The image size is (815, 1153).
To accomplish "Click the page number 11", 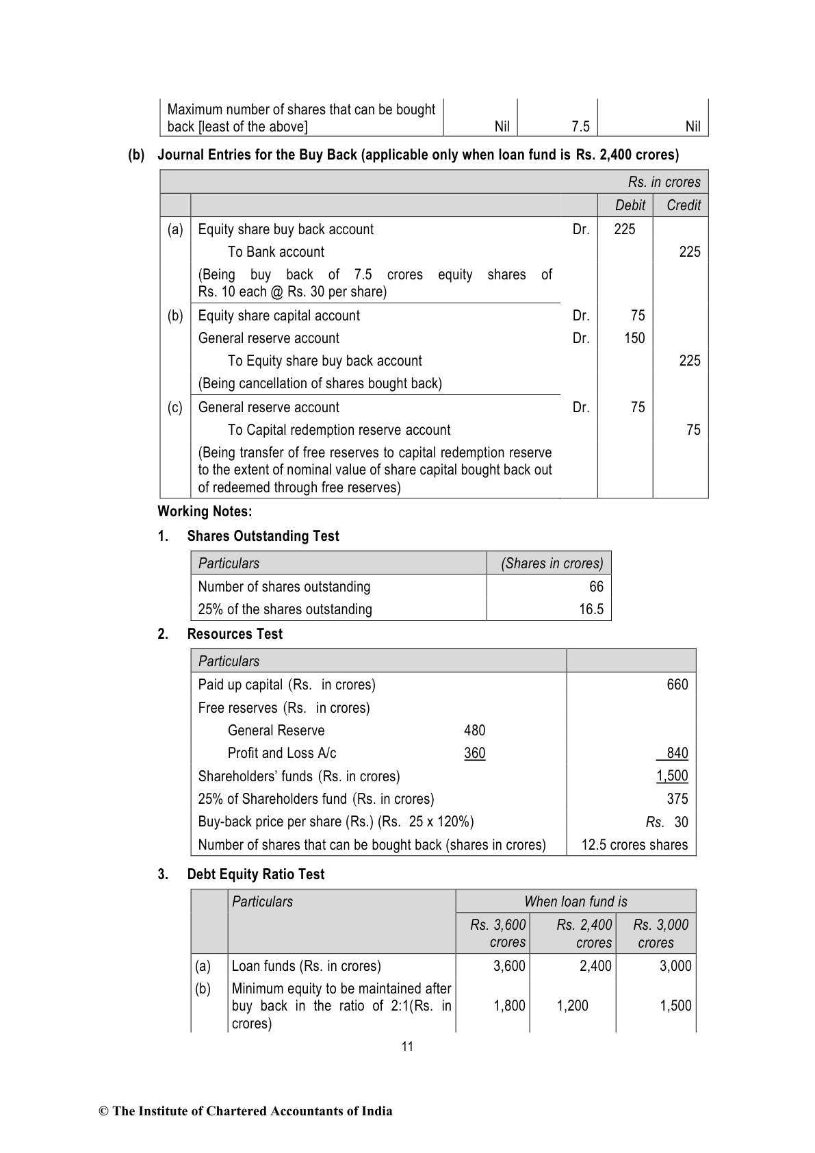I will pos(407,1046).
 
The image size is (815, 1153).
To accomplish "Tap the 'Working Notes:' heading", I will pos(205,511).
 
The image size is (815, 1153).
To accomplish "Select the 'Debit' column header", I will pos(630,205).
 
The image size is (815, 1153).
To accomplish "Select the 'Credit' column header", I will pos(684,205).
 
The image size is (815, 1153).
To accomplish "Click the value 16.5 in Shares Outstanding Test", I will pos(591,609).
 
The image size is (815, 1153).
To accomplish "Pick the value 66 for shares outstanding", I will pos(596,587).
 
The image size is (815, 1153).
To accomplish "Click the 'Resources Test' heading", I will pos(235,634).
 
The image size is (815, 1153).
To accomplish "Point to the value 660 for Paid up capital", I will pos(677,685).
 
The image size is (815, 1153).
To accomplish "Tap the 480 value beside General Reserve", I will pos(474,731).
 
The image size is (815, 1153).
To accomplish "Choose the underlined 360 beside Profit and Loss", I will pos(474,753).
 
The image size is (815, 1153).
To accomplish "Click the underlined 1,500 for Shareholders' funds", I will pos(672,776).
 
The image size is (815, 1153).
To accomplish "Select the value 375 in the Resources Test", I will pos(677,799).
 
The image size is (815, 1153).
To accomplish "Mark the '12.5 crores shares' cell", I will pos(634,845).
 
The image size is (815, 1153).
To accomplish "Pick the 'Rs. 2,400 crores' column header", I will pos(584,933).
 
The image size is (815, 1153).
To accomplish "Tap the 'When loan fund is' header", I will pos(575,902).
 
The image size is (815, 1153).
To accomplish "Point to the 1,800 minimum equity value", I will pos(509,1006).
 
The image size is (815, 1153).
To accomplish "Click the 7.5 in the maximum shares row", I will pos(580,127).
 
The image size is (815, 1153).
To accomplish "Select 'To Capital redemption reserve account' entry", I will pos(339,430).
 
